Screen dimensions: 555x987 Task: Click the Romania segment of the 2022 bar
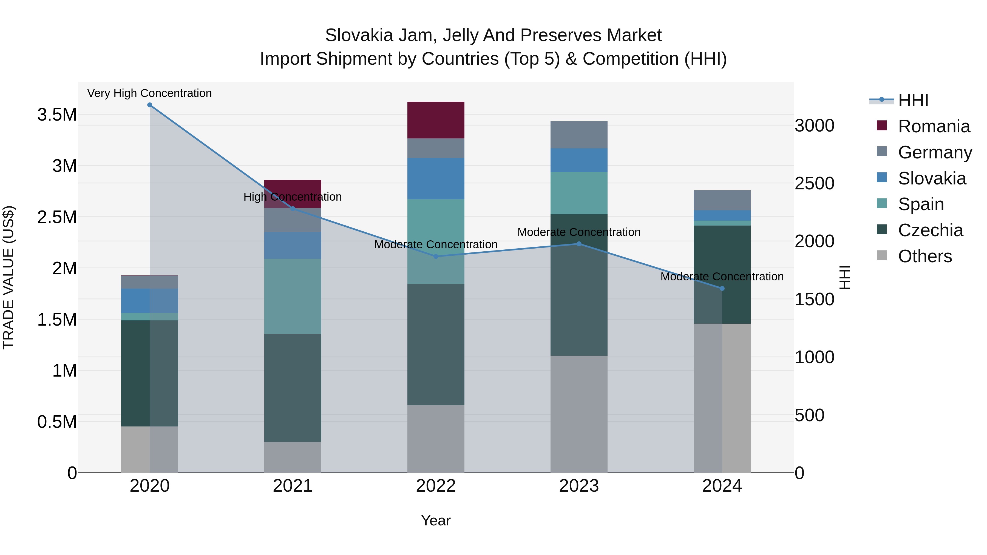click(436, 120)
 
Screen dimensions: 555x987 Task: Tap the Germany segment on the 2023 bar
click(579, 135)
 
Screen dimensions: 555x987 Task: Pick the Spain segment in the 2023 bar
click(579, 193)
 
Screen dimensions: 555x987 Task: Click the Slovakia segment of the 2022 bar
click(436, 178)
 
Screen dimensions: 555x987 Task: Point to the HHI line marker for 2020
click(150, 105)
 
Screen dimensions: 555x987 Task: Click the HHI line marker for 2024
click(722, 288)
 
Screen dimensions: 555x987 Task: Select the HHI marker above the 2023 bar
click(579, 244)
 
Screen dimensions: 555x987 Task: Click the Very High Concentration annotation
click(149, 93)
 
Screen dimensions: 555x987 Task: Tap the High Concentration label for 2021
click(293, 197)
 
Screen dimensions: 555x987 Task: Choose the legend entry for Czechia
click(930, 230)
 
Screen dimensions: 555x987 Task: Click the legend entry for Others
click(924, 256)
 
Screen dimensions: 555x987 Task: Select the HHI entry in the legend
click(913, 100)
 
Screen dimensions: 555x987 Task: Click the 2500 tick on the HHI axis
click(814, 183)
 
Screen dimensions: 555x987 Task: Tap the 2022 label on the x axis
click(436, 486)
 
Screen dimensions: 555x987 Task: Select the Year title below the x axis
click(436, 520)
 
